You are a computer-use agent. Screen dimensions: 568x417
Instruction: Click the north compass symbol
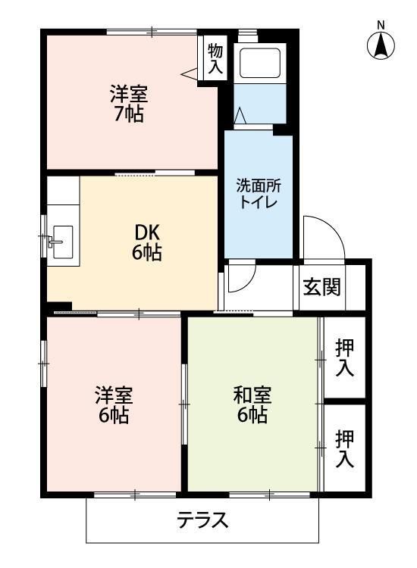click(381, 47)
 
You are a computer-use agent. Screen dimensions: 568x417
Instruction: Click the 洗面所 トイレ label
click(258, 193)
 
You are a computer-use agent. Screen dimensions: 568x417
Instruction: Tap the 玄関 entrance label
click(321, 287)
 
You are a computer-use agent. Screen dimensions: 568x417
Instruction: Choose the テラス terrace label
click(202, 520)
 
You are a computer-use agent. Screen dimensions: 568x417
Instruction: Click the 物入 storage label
click(215, 58)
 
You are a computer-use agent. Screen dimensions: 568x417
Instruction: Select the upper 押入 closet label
click(345, 358)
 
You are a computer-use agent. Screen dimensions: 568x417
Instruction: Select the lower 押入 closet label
click(345, 448)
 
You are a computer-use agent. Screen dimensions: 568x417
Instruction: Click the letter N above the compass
click(381, 24)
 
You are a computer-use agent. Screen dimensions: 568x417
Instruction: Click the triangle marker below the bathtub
click(240, 115)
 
